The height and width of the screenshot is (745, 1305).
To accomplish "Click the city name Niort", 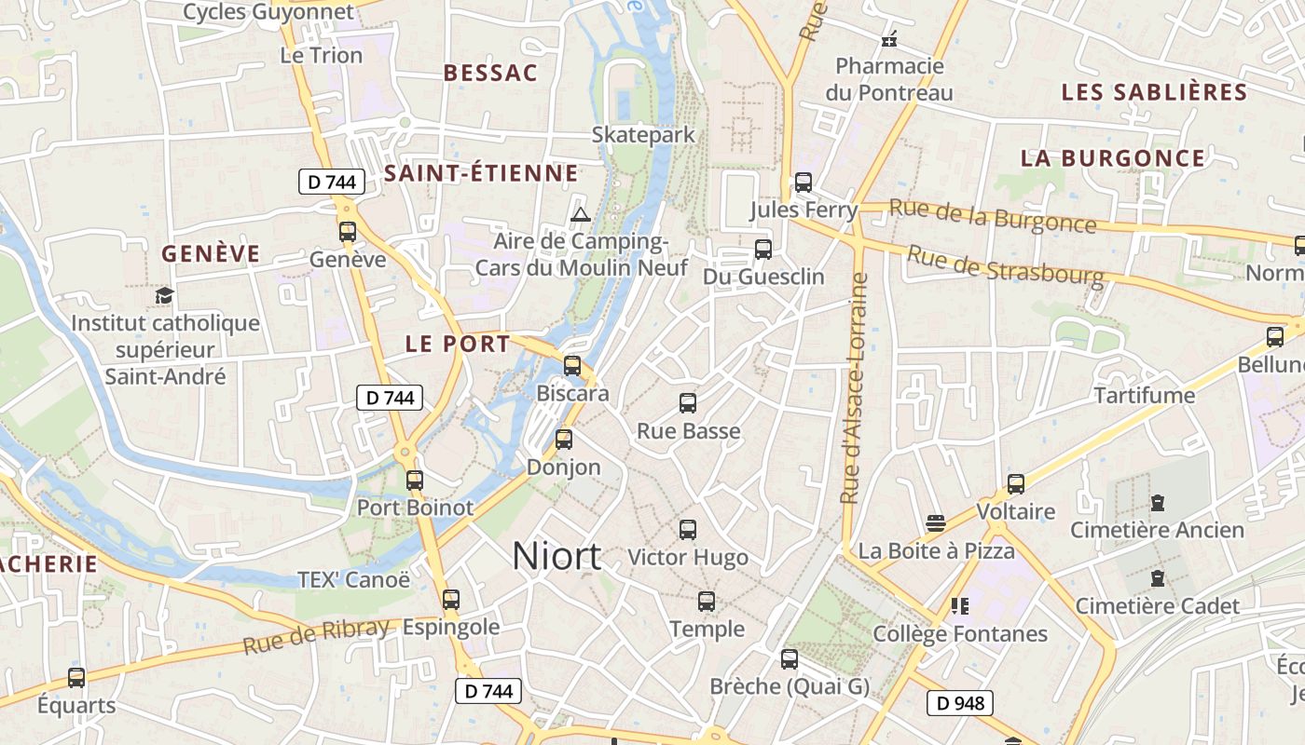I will [556, 556].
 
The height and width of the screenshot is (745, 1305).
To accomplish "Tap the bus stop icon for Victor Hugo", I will [688, 530].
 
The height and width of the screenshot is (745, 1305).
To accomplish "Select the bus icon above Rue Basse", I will [688, 403].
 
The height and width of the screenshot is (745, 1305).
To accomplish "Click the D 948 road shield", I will [959, 703].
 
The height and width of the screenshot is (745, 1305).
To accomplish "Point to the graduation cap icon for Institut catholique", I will [165, 296].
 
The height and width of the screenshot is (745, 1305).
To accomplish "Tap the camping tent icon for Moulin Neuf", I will [581, 215].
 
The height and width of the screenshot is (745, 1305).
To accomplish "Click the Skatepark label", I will [643, 135].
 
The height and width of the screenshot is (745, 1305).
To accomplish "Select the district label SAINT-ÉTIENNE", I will [481, 173].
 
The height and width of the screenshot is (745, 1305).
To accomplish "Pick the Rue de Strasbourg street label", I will [1005, 264].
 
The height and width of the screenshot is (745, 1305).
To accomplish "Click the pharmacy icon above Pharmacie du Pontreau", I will [889, 39].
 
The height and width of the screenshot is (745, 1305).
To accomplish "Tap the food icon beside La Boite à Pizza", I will [936, 523].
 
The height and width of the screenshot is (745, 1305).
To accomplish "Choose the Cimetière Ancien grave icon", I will [1158, 503].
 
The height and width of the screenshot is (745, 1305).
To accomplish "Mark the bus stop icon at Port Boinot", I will [415, 481].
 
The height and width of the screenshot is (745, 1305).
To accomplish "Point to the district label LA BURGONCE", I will [1112, 158].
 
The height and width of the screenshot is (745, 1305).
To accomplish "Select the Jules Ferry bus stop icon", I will [804, 183].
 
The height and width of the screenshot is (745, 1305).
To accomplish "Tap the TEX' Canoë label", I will [353, 580].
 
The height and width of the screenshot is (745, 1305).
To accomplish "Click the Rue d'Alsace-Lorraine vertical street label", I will [854, 387].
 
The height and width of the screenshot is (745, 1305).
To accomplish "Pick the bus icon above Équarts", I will [76, 678].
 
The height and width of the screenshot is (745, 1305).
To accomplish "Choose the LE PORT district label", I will [458, 344].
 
